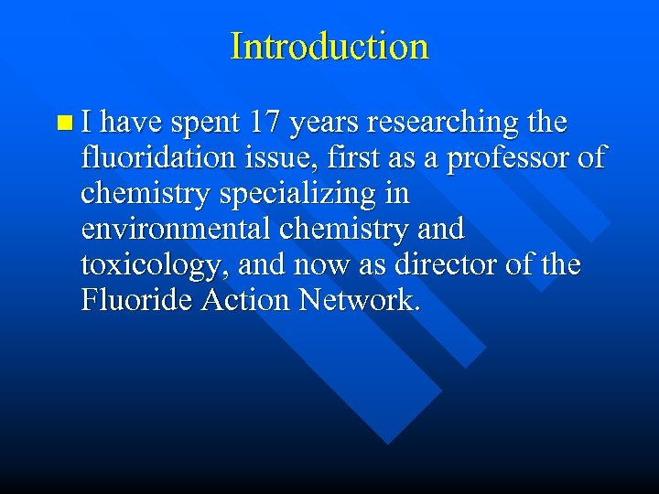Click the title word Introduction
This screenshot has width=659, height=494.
329,46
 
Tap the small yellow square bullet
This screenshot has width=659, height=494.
61,122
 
